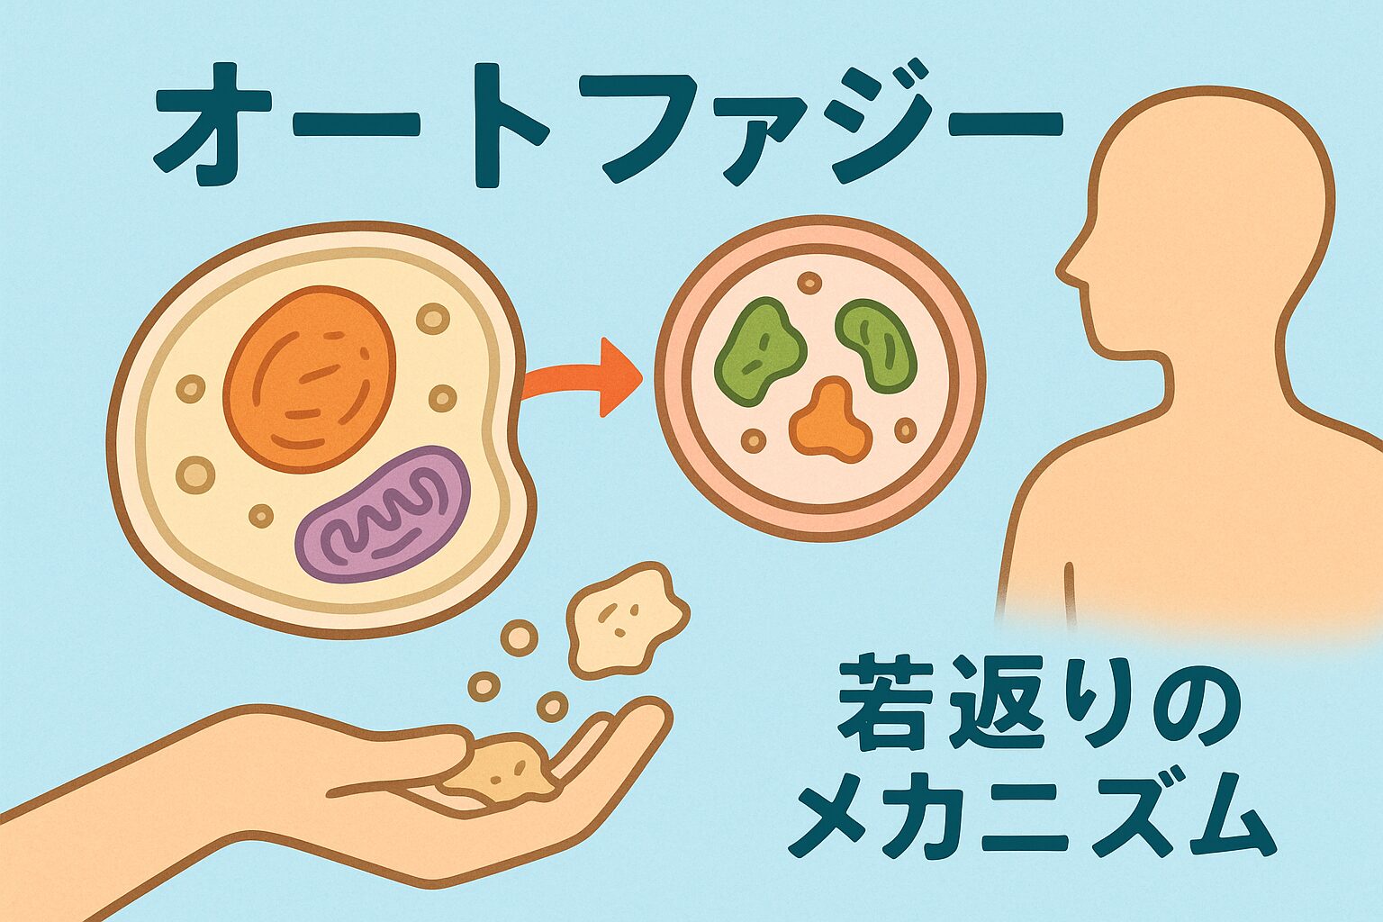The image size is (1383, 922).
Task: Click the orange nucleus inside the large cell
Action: tap(309, 378)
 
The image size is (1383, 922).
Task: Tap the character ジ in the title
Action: tap(859, 126)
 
